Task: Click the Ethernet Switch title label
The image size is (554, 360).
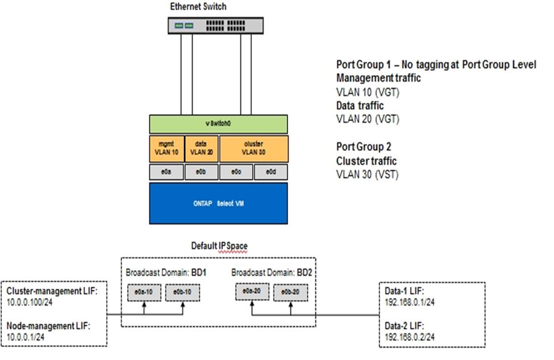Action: click(199, 6)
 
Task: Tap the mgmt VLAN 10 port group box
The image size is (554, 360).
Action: click(166, 149)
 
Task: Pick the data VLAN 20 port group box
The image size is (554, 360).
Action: click(202, 149)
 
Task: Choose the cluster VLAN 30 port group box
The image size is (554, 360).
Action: click(253, 149)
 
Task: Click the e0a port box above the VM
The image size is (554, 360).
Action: click(166, 171)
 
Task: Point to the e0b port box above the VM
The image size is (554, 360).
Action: click(202, 171)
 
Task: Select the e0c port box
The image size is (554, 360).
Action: click(236, 171)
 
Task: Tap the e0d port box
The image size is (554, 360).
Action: click(271, 171)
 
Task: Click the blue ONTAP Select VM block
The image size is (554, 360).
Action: click(219, 203)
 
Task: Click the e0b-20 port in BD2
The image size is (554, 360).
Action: click(289, 292)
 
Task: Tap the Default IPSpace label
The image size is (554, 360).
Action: click(219, 246)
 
